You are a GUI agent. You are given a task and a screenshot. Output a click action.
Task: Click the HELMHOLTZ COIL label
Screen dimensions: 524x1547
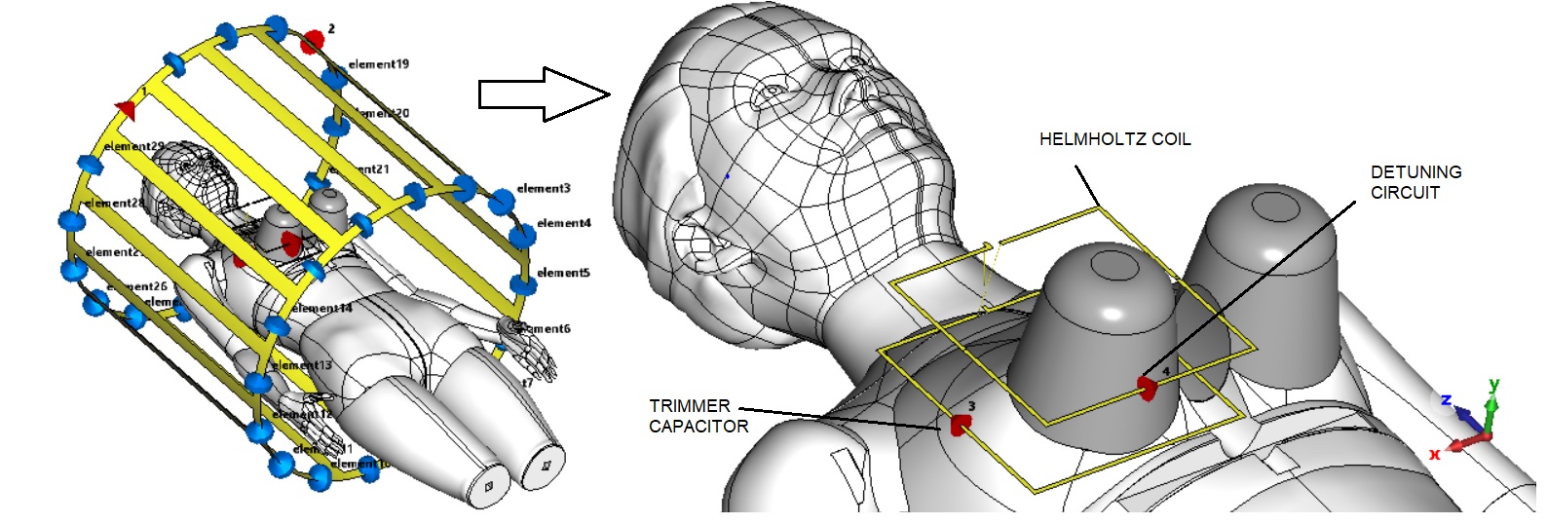pos(1114,139)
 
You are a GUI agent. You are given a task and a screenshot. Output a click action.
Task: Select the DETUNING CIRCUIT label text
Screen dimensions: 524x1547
pos(1415,182)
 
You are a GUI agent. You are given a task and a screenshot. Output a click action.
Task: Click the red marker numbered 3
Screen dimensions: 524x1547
pos(961,425)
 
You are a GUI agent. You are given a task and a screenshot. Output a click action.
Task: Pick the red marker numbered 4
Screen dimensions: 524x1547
pos(1148,388)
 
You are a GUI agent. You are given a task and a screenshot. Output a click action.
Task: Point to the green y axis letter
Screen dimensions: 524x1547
pos(1493,384)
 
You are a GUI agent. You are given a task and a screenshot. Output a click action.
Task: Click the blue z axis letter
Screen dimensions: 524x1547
pos(1447,400)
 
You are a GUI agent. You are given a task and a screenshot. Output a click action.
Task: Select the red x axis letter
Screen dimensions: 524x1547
pos(1435,454)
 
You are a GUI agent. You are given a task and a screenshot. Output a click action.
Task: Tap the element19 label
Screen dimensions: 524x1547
pos(378,64)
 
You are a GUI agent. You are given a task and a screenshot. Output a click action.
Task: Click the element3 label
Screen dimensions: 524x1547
pos(544,188)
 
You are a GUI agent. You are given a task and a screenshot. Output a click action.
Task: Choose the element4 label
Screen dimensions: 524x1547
pos(563,223)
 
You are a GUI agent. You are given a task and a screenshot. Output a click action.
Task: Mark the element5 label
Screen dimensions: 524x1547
pos(563,273)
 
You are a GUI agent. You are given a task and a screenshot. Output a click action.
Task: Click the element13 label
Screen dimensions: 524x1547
pos(302,365)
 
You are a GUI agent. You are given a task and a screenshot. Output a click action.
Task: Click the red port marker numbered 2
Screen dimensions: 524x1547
pos(312,40)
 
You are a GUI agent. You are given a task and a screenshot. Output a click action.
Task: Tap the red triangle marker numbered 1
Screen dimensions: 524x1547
pos(125,107)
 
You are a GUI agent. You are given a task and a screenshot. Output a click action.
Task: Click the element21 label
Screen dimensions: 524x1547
pos(360,169)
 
